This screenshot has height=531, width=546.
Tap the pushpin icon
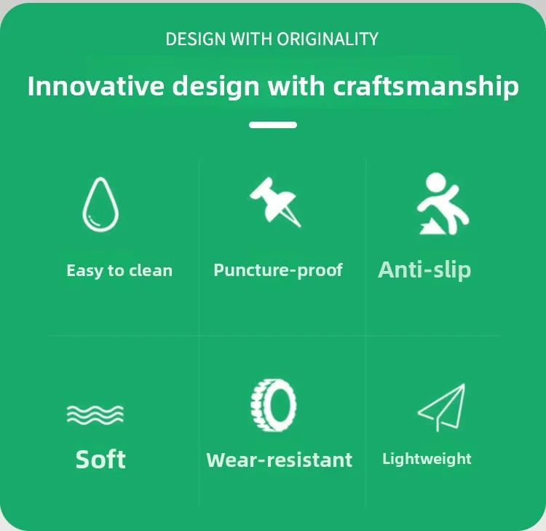point(274,202)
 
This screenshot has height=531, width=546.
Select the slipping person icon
point(443,204)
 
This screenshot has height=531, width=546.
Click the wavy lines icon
point(95,414)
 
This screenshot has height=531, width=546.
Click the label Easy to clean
point(119,271)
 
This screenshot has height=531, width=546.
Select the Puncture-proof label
point(278,270)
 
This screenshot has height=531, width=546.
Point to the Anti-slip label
point(424,270)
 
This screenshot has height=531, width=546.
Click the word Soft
point(100,459)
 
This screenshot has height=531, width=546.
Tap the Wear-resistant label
point(280,460)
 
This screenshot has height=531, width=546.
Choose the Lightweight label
point(427,459)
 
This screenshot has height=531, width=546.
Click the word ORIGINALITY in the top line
point(328,39)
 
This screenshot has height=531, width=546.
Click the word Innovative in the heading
point(96,86)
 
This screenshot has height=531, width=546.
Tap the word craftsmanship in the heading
point(426,86)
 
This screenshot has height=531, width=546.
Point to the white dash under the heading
point(273,125)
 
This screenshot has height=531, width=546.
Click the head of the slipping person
point(436,182)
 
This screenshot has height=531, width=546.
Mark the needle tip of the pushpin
point(300,227)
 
